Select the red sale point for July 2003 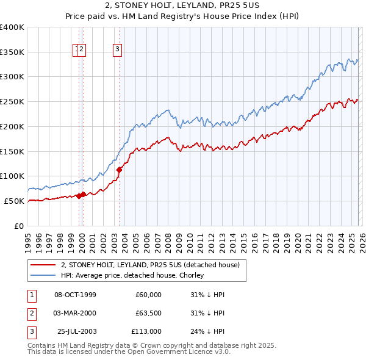[x=120, y=170]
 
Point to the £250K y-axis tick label [x=12, y=102]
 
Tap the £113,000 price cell [x=147, y=331]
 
